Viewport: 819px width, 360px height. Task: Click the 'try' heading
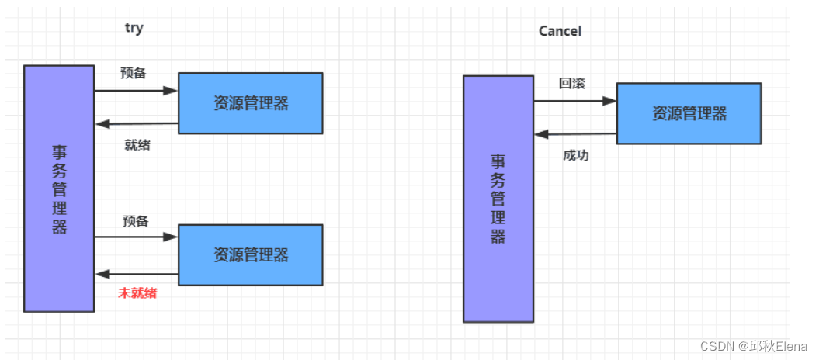point(134,28)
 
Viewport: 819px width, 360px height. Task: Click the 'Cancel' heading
point(560,31)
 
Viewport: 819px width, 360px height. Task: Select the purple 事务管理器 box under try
point(59,189)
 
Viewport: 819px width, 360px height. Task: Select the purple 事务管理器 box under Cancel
point(498,199)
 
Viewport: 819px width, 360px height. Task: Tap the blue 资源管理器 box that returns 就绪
point(251,103)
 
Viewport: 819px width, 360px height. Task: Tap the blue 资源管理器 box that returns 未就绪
point(251,254)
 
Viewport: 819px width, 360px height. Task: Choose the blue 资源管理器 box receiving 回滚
point(689,113)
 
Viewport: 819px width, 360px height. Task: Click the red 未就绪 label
point(137,293)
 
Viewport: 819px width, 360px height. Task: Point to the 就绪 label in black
point(137,144)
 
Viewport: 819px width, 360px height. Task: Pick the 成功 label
point(575,155)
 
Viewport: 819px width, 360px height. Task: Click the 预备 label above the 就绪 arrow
point(134,73)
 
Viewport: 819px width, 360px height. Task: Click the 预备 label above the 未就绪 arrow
point(135,221)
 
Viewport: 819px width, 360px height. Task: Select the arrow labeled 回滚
point(574,101)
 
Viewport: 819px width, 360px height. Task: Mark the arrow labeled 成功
point(574,134)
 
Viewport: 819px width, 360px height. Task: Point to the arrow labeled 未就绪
point(137,274)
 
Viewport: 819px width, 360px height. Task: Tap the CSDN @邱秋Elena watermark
point(754,347)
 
